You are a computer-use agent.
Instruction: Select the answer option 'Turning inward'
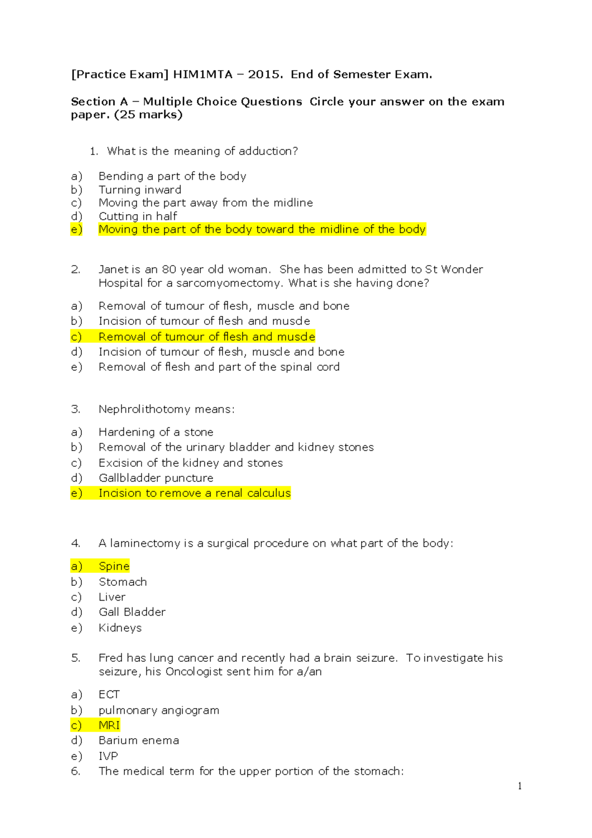coord(140,190)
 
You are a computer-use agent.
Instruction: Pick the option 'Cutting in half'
coord(138,216)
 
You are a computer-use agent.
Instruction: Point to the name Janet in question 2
coord(112,269)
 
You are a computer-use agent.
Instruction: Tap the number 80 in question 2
coord(169,269)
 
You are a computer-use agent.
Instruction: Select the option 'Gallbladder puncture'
coord(156,478)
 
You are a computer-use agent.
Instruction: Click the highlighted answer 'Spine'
coord(114,566)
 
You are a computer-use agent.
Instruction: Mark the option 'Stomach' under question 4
coord(122,582)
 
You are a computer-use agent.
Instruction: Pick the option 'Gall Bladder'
coord(132,612)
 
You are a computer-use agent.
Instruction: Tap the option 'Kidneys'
coord(120,628)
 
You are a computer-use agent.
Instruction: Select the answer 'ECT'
coord(109,694)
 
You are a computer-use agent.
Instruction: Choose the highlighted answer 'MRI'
coord(109,725)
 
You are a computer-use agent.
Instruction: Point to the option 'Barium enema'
coord(139,740)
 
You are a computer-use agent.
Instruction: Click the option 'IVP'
coord(108,756)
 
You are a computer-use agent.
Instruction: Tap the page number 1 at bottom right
coord(520,786)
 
